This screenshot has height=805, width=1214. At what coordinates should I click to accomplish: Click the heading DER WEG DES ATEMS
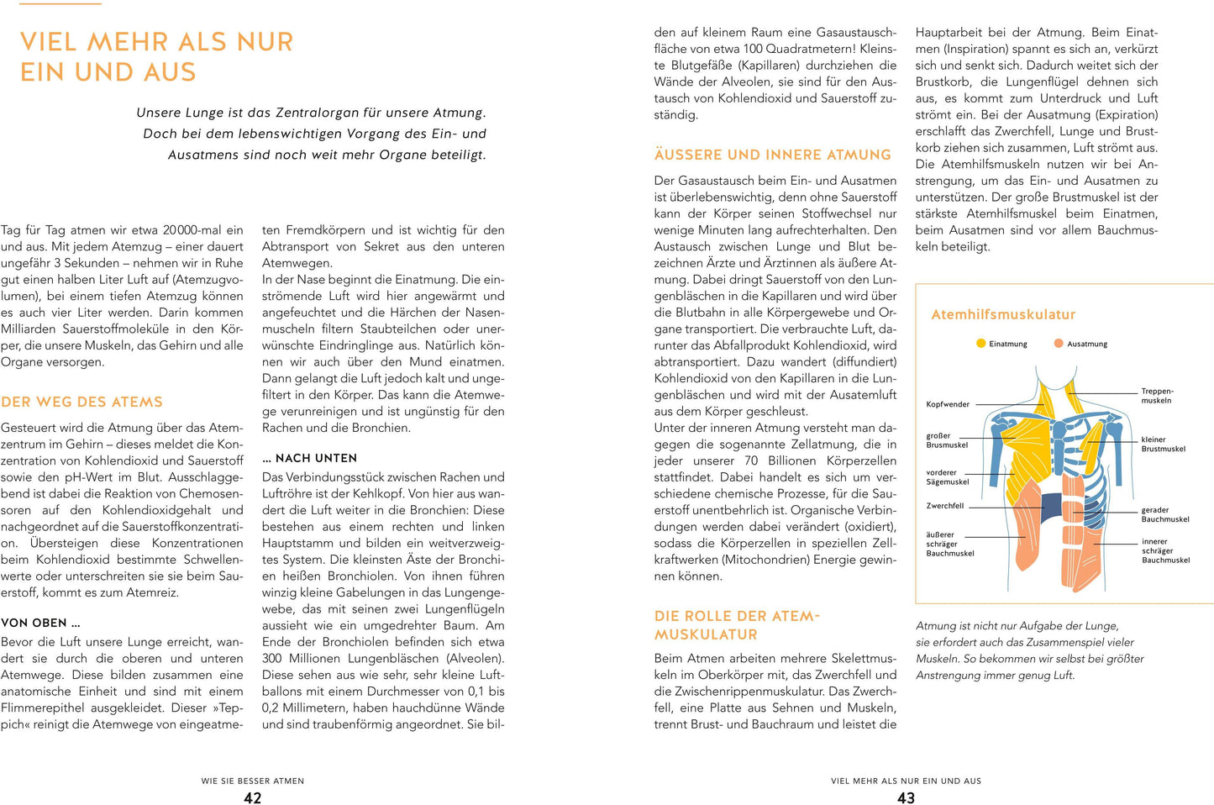coord(81,402)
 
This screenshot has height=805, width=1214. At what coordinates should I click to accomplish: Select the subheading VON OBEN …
coord(40,623)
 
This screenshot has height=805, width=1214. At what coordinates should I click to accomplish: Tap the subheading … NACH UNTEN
coord(309,458)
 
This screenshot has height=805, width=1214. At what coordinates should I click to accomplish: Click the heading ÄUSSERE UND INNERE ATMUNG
coord(772,155)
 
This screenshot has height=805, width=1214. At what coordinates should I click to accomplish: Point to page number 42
coord(253,798)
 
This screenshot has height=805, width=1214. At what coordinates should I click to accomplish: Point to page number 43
coord(906,798)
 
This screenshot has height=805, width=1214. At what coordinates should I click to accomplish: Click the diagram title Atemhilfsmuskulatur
coord(1003,314)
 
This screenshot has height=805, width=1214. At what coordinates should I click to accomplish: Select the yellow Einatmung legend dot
coord(980,344)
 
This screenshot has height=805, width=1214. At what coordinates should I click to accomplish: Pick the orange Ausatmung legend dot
coord(1059,344)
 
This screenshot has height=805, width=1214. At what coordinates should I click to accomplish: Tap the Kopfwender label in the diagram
coord(948,404)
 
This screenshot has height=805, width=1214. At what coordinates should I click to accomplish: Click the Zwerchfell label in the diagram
coord(945,506)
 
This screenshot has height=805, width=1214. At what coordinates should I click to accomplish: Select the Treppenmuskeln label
coord(1157,396)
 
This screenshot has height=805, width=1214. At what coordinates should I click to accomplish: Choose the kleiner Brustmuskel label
coord(1163,444)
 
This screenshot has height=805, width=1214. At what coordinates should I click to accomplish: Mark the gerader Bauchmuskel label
coord(1164,514)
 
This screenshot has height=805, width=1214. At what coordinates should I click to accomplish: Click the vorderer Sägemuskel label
coord(948,477)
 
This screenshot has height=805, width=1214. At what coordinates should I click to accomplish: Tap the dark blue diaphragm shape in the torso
coord(1051,507)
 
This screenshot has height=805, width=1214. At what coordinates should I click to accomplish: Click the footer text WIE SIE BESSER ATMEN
coord(253,781)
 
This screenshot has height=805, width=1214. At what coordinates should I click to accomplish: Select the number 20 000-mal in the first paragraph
coord(192,230)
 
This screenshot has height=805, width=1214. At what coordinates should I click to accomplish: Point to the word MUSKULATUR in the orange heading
coord(706,634)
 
